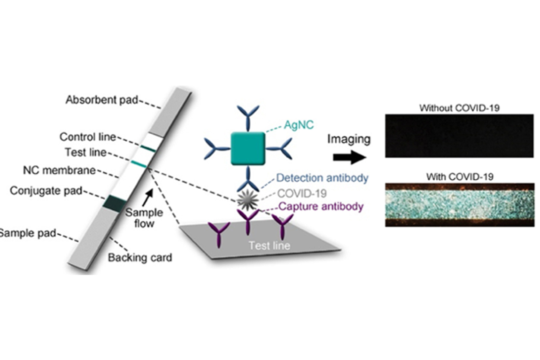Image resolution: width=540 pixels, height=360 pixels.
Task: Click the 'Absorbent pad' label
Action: point(96,100)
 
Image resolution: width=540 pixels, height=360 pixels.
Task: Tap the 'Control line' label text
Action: point(87,137)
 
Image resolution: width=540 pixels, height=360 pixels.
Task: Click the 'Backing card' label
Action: point(140,257)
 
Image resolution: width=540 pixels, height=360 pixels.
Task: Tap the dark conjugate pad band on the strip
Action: point(115,202)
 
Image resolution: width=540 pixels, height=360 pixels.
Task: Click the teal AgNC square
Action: point(248,149)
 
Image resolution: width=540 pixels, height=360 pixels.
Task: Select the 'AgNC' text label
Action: point(299,125)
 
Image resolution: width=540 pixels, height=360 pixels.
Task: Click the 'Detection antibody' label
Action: point(322,178)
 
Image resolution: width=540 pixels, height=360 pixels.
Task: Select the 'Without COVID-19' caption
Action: point(459,108)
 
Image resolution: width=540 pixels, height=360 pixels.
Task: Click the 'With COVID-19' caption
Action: point(459,177)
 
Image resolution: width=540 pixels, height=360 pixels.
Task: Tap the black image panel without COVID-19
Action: point(459,136)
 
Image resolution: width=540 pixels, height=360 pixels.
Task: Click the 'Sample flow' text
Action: point(144,218)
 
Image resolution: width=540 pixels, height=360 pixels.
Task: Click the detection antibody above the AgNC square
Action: point(247,115)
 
